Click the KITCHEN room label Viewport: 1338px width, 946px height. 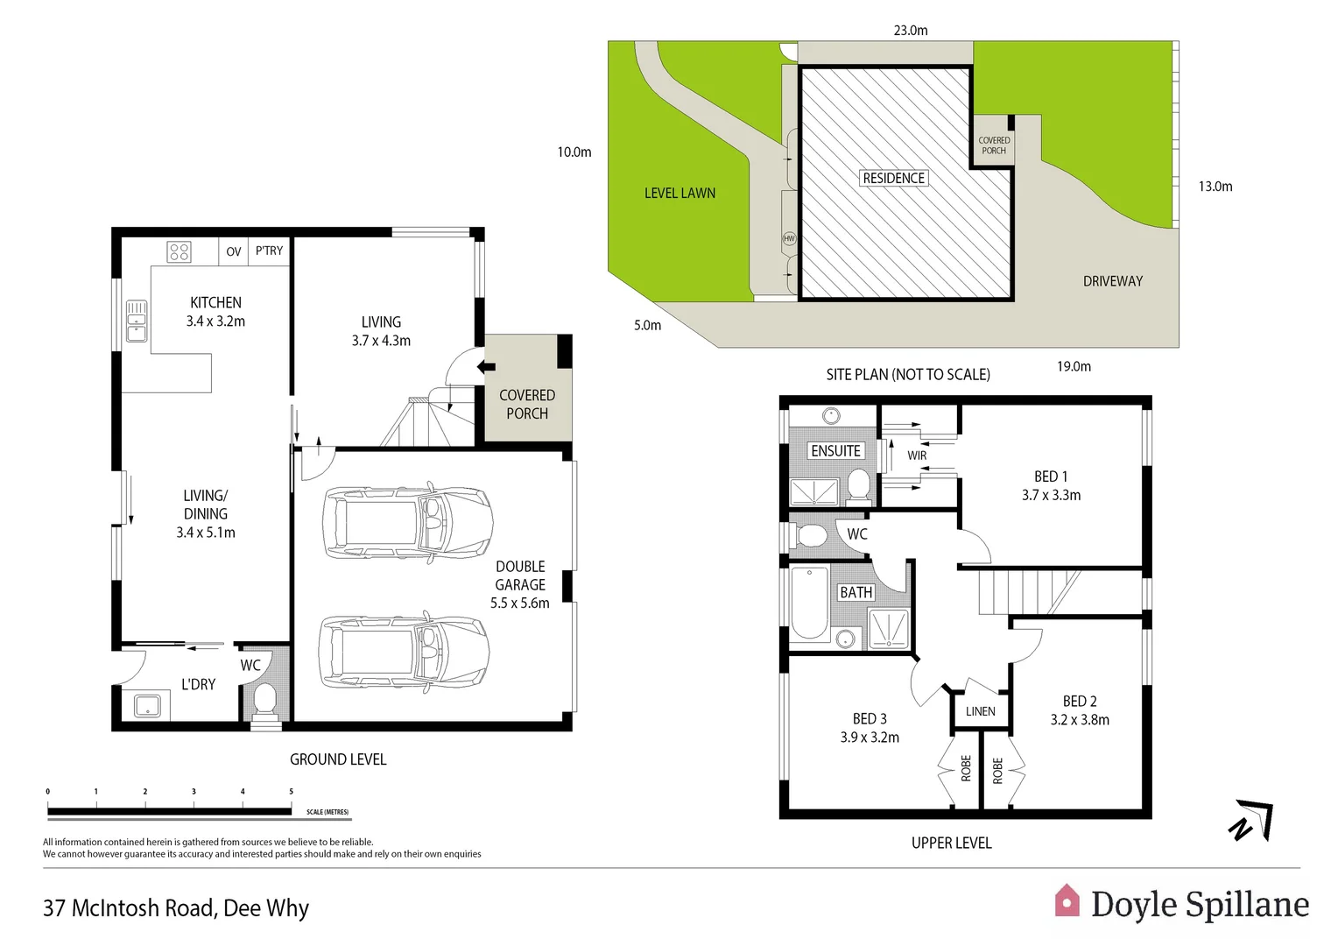coord(215,302)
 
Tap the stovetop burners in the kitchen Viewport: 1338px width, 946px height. coord(180,252)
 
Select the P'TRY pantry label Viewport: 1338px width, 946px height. coord(269,251)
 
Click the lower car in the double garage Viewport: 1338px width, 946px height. coord(405,652)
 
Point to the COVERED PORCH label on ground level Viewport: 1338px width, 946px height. coord(526,404)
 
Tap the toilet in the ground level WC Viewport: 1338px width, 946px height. coord(264,701)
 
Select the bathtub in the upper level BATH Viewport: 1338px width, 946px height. coord(809,604)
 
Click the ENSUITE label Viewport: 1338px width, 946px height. coord(835,450)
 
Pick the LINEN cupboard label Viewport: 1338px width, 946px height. coord(980,711)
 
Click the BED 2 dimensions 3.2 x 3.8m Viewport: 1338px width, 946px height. coord(1079,720)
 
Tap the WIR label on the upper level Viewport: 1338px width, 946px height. coord(916,455)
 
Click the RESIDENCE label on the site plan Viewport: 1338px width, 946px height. coord(893,178)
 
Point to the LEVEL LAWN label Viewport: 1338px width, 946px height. coord(680,193)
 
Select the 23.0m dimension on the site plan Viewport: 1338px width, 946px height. coord(910,30)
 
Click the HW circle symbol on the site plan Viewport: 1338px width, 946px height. coord(788,238)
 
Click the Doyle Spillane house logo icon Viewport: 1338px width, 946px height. coord(1067,901)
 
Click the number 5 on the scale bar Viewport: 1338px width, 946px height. coord(291,791)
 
